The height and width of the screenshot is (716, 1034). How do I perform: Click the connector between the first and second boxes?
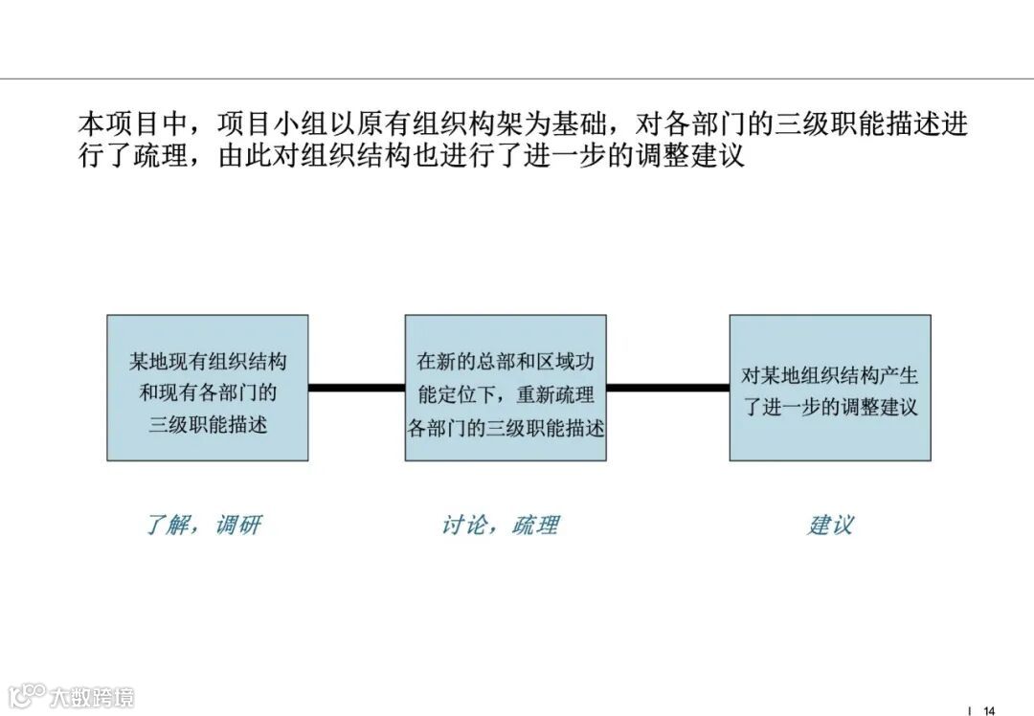[356, 388]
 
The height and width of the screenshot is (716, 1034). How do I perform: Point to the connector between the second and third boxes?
[667, 388]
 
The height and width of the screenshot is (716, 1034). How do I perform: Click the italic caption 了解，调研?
[203, 525]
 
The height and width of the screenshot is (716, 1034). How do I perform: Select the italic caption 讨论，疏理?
[500, 525]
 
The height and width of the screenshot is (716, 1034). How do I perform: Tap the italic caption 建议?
[829, 525]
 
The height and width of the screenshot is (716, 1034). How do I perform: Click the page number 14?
[989, 709]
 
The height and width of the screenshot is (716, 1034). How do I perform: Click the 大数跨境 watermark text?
[93, 696]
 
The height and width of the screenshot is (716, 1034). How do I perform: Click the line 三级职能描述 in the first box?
[208, 422]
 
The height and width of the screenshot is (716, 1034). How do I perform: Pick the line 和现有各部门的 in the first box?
[208, 392]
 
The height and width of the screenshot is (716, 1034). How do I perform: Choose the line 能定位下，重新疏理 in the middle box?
[506, 393]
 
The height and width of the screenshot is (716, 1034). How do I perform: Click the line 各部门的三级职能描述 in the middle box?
[506, 426]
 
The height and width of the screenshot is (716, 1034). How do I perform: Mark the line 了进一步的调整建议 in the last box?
[830, 406]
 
